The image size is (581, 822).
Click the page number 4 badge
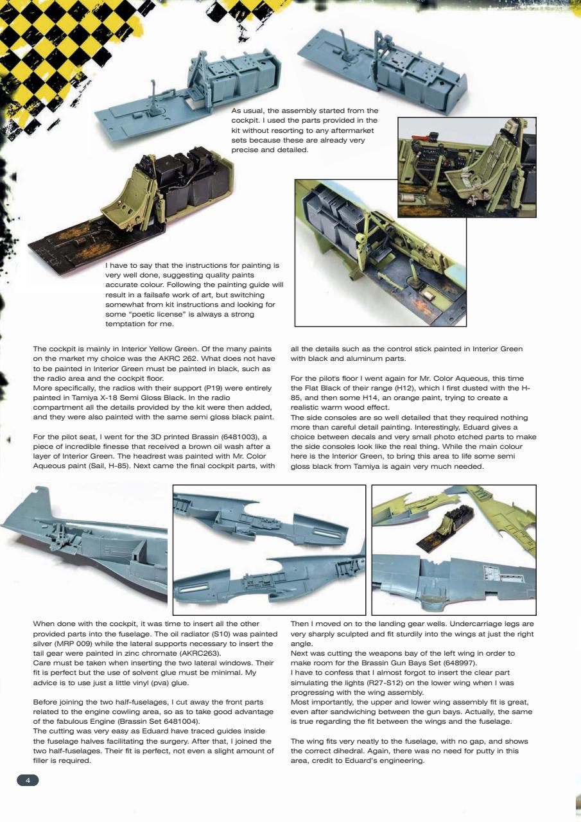[x=28, y=780]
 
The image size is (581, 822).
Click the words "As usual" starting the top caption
[x=246, y=111]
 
